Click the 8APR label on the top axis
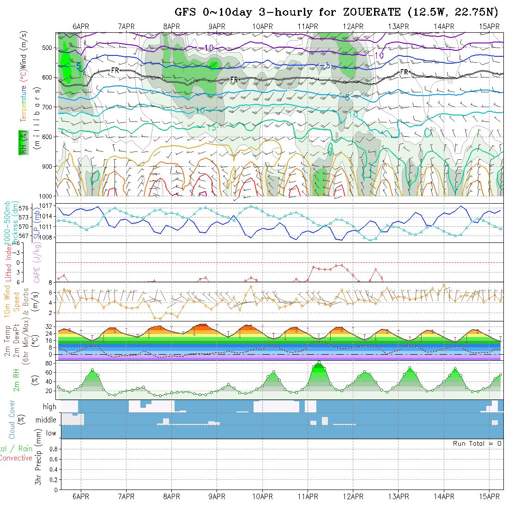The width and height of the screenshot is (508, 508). tap(172, 26)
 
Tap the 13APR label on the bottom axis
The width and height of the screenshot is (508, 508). tap(399, 496)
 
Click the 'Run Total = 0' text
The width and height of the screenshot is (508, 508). tap(477, 443)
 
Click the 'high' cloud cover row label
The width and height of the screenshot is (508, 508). tap(49, 407)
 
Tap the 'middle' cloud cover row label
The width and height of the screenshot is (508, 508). tap(46, 420)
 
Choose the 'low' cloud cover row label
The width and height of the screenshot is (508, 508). tap(51, 433)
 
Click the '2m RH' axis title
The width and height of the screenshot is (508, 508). tap(16, 380)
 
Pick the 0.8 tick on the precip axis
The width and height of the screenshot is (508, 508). tap(52, 448)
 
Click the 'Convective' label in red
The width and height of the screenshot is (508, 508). tap(16, 458)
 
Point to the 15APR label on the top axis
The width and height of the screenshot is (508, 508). tap(490, 26)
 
